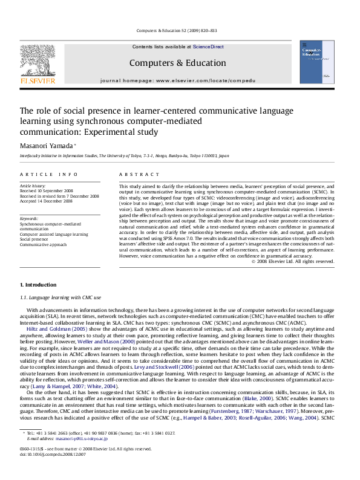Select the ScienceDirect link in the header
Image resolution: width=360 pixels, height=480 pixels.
208,47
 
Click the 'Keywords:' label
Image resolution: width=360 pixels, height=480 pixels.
30,218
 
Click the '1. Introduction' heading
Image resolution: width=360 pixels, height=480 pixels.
39,284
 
